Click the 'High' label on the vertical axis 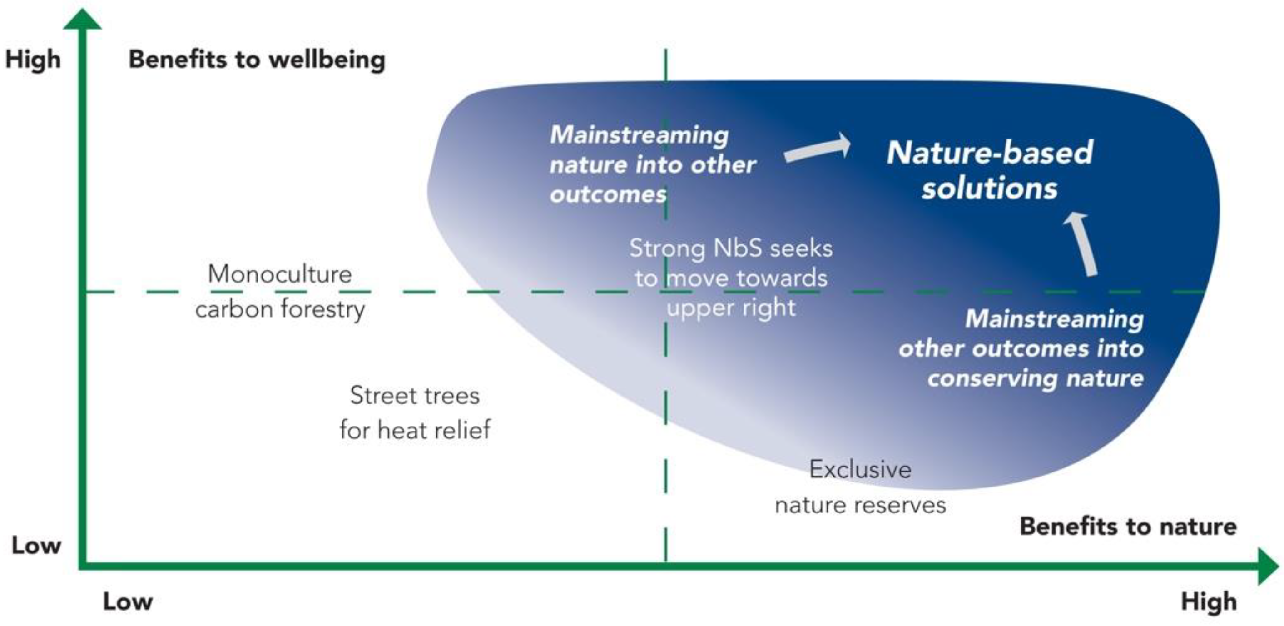(x=33, y=60)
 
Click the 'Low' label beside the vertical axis (x=36, y=545)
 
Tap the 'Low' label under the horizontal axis (x=128, y=601)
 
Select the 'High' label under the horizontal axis (x=1209, y=601)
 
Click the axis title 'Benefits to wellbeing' (x=257, y=60)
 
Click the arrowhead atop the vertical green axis (x=82, y=20)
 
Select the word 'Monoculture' (x=280, y=274)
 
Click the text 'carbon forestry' (x=280, y=309)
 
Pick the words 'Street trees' (x=414, y=396)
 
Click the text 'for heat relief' (x=414, y=430)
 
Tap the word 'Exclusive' (x=860, y=469)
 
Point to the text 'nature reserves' (x=860, y=505)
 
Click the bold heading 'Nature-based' (x=989, y=152)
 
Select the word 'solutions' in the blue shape (x=989, y=189)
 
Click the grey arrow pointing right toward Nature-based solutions (x=818, y=149)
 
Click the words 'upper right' (x=731, y=308)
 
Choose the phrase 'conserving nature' (x=1035, y=379)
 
